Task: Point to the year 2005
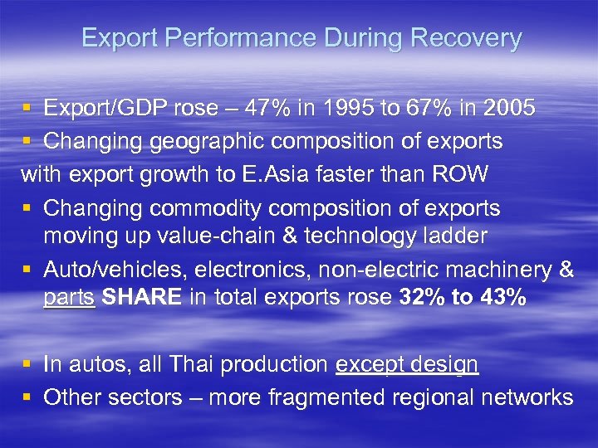tap(507, 108)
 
